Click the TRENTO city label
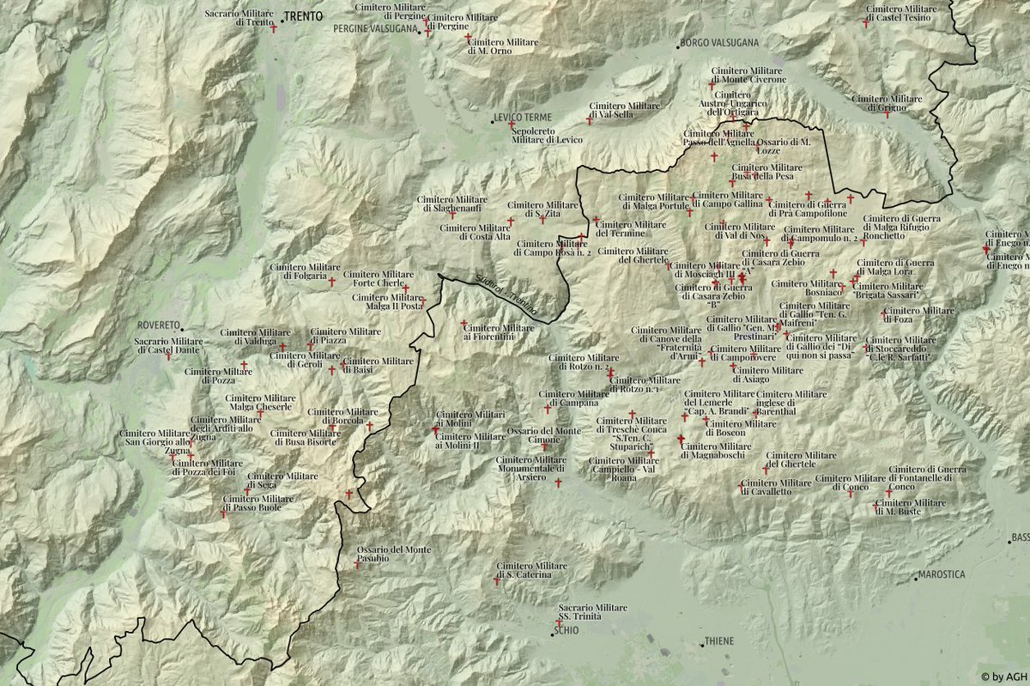(x=303, y=15)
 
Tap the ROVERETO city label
(x=159, y=326)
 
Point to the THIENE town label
(x=718, y=641)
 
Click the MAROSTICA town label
(x=942, y=574)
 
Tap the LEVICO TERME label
(x=524, y=117)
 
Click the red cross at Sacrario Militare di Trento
(x=274, y=28)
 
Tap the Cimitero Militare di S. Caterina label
(x=531, y=570)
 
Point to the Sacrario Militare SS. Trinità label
(x=592, y=612)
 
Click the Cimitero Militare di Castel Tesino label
(x=900, y=13)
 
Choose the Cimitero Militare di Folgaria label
(x=298, y=271)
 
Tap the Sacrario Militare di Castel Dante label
(x=168, y=345)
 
